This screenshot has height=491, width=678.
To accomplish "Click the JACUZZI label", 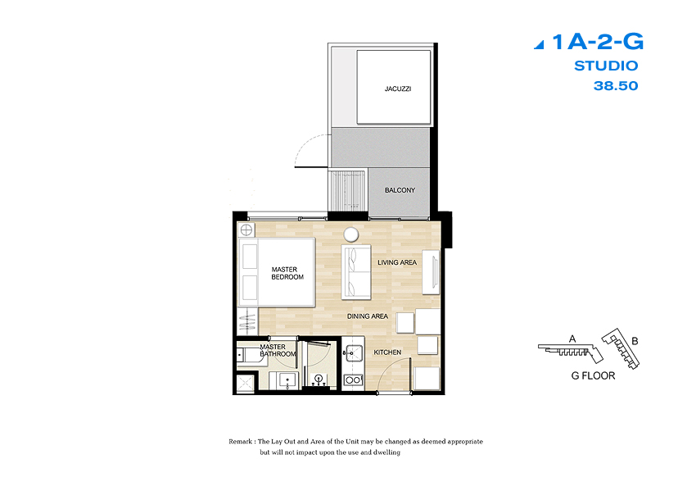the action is click(398, 89).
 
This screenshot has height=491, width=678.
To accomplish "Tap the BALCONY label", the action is click(400, 190).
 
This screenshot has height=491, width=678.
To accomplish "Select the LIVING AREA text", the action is click(397, 262).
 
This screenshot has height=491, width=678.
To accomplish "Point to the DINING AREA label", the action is click(368, 316).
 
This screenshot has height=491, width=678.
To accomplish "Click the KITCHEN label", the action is click(387, 352).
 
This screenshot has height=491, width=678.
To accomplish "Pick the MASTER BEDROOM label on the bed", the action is click(287, 273).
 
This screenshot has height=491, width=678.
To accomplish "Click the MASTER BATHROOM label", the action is click(278, 350).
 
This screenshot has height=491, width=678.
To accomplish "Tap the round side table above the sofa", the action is click(351, 234).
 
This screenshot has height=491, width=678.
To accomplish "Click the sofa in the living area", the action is click(356, 272).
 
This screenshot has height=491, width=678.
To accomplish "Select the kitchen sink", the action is click(354, 354).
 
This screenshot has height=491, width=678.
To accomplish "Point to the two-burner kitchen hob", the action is click(353, 380).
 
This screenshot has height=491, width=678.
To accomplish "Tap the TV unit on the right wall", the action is click(431, 272).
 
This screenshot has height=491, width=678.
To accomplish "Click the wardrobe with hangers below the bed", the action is click(248, 321).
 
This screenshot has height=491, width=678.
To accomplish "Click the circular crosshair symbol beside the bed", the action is click(246, 230).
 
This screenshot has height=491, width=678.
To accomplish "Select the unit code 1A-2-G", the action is click(598, 42).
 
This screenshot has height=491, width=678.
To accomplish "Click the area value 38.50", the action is click(616, 86).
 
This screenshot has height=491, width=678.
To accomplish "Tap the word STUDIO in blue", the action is click(606, 66).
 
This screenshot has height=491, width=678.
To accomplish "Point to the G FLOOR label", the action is click(593, 375).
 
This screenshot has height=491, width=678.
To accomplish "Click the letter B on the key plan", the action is click(635, 341).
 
